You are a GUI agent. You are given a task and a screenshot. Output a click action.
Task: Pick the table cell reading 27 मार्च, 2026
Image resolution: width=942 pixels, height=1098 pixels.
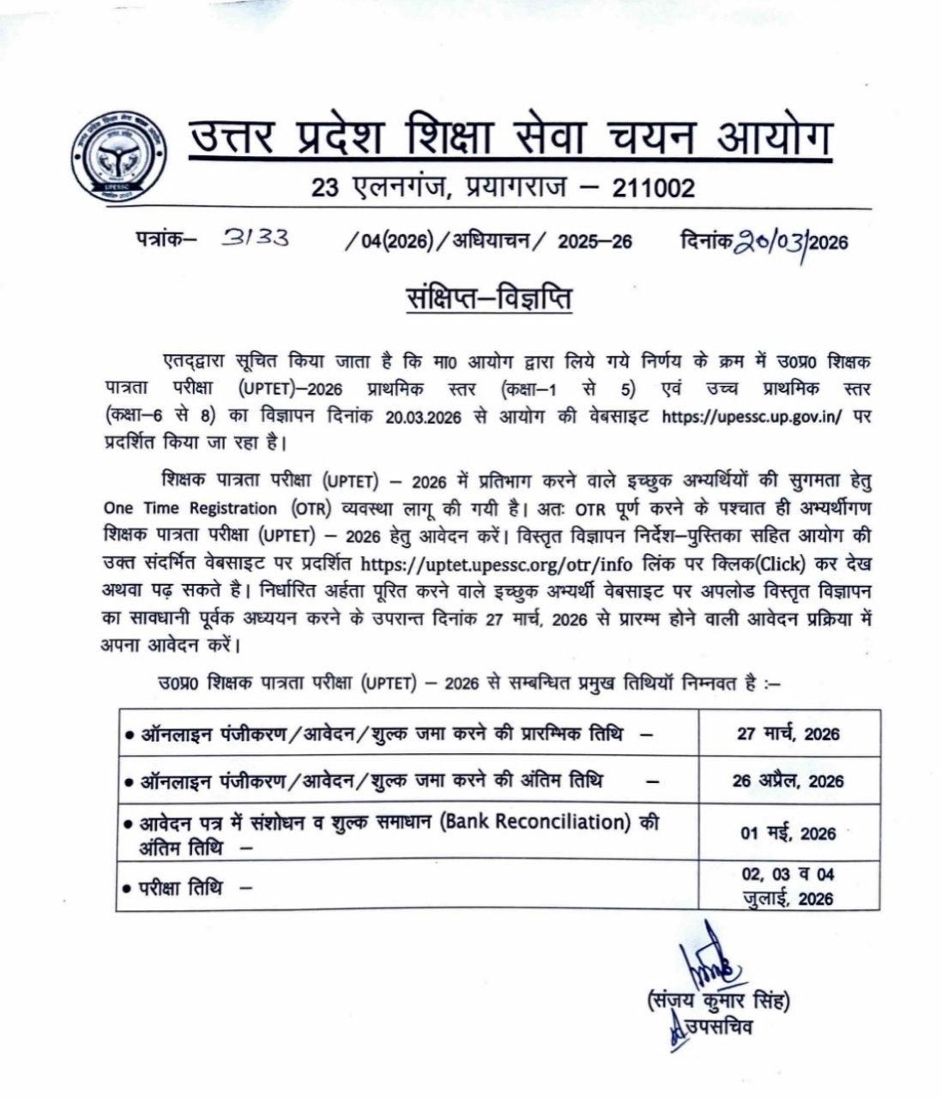point(788,733)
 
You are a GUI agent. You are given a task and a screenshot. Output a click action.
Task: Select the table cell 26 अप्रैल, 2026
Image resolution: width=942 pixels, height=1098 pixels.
point(788,781)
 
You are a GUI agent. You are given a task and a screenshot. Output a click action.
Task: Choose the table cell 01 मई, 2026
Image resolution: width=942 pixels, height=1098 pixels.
point(788,833)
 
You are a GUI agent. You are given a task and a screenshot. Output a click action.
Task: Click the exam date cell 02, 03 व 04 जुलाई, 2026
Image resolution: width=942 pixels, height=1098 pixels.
point(788,886)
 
